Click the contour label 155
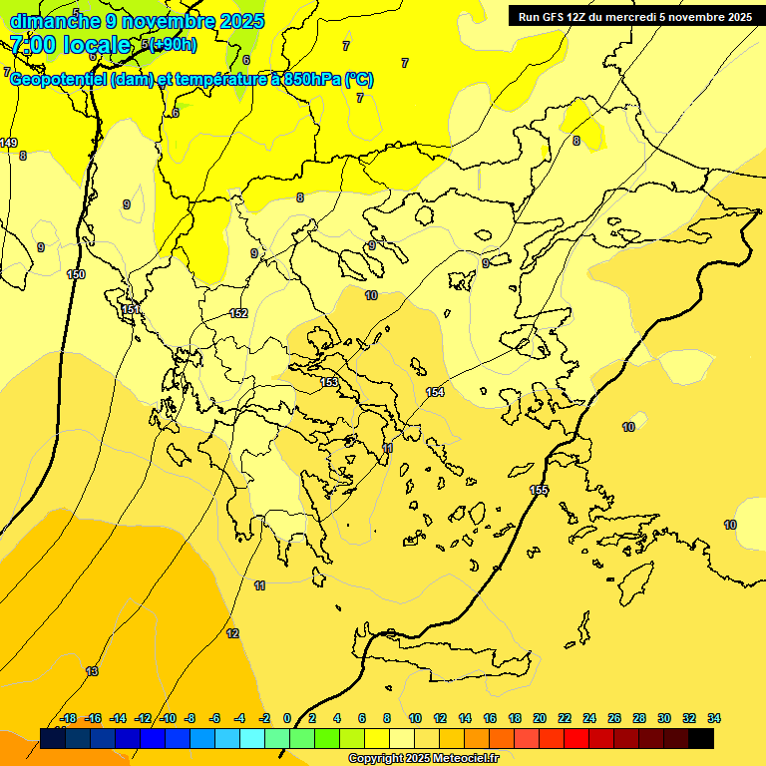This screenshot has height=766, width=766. coord(539,490)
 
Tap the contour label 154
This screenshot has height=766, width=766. coord(435,392)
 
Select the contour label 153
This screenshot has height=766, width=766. coord(330,382)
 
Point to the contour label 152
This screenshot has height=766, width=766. coord(238,313)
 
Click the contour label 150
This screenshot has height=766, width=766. coord(76,274)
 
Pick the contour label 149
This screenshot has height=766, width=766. coord(9,143)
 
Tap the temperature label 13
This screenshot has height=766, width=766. coord(92,671)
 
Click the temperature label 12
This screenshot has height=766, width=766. coord(232,633)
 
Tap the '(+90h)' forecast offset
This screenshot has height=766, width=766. coord(174,45)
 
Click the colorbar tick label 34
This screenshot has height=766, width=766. coord(714,718)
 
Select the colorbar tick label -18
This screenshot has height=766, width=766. coord(69,718)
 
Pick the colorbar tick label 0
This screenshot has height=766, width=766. coord(287,718)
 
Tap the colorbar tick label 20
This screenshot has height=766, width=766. coord(540,718)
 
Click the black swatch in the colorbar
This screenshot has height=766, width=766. coord(701,738)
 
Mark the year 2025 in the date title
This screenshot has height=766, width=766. coord(240,21)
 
